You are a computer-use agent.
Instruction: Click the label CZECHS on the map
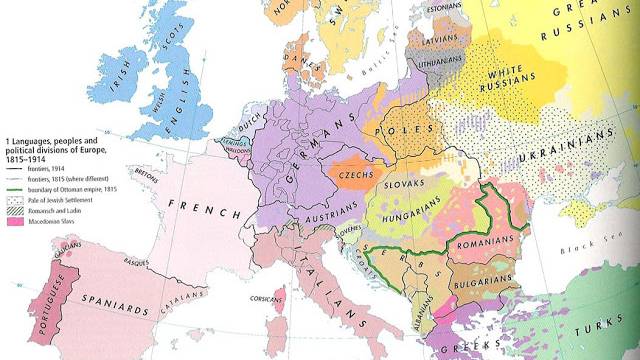[356, 171]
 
